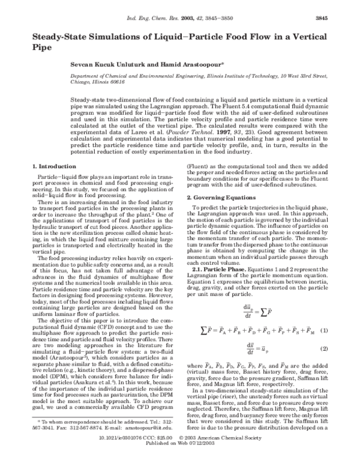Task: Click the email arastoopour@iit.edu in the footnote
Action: [x=145, y=444]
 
